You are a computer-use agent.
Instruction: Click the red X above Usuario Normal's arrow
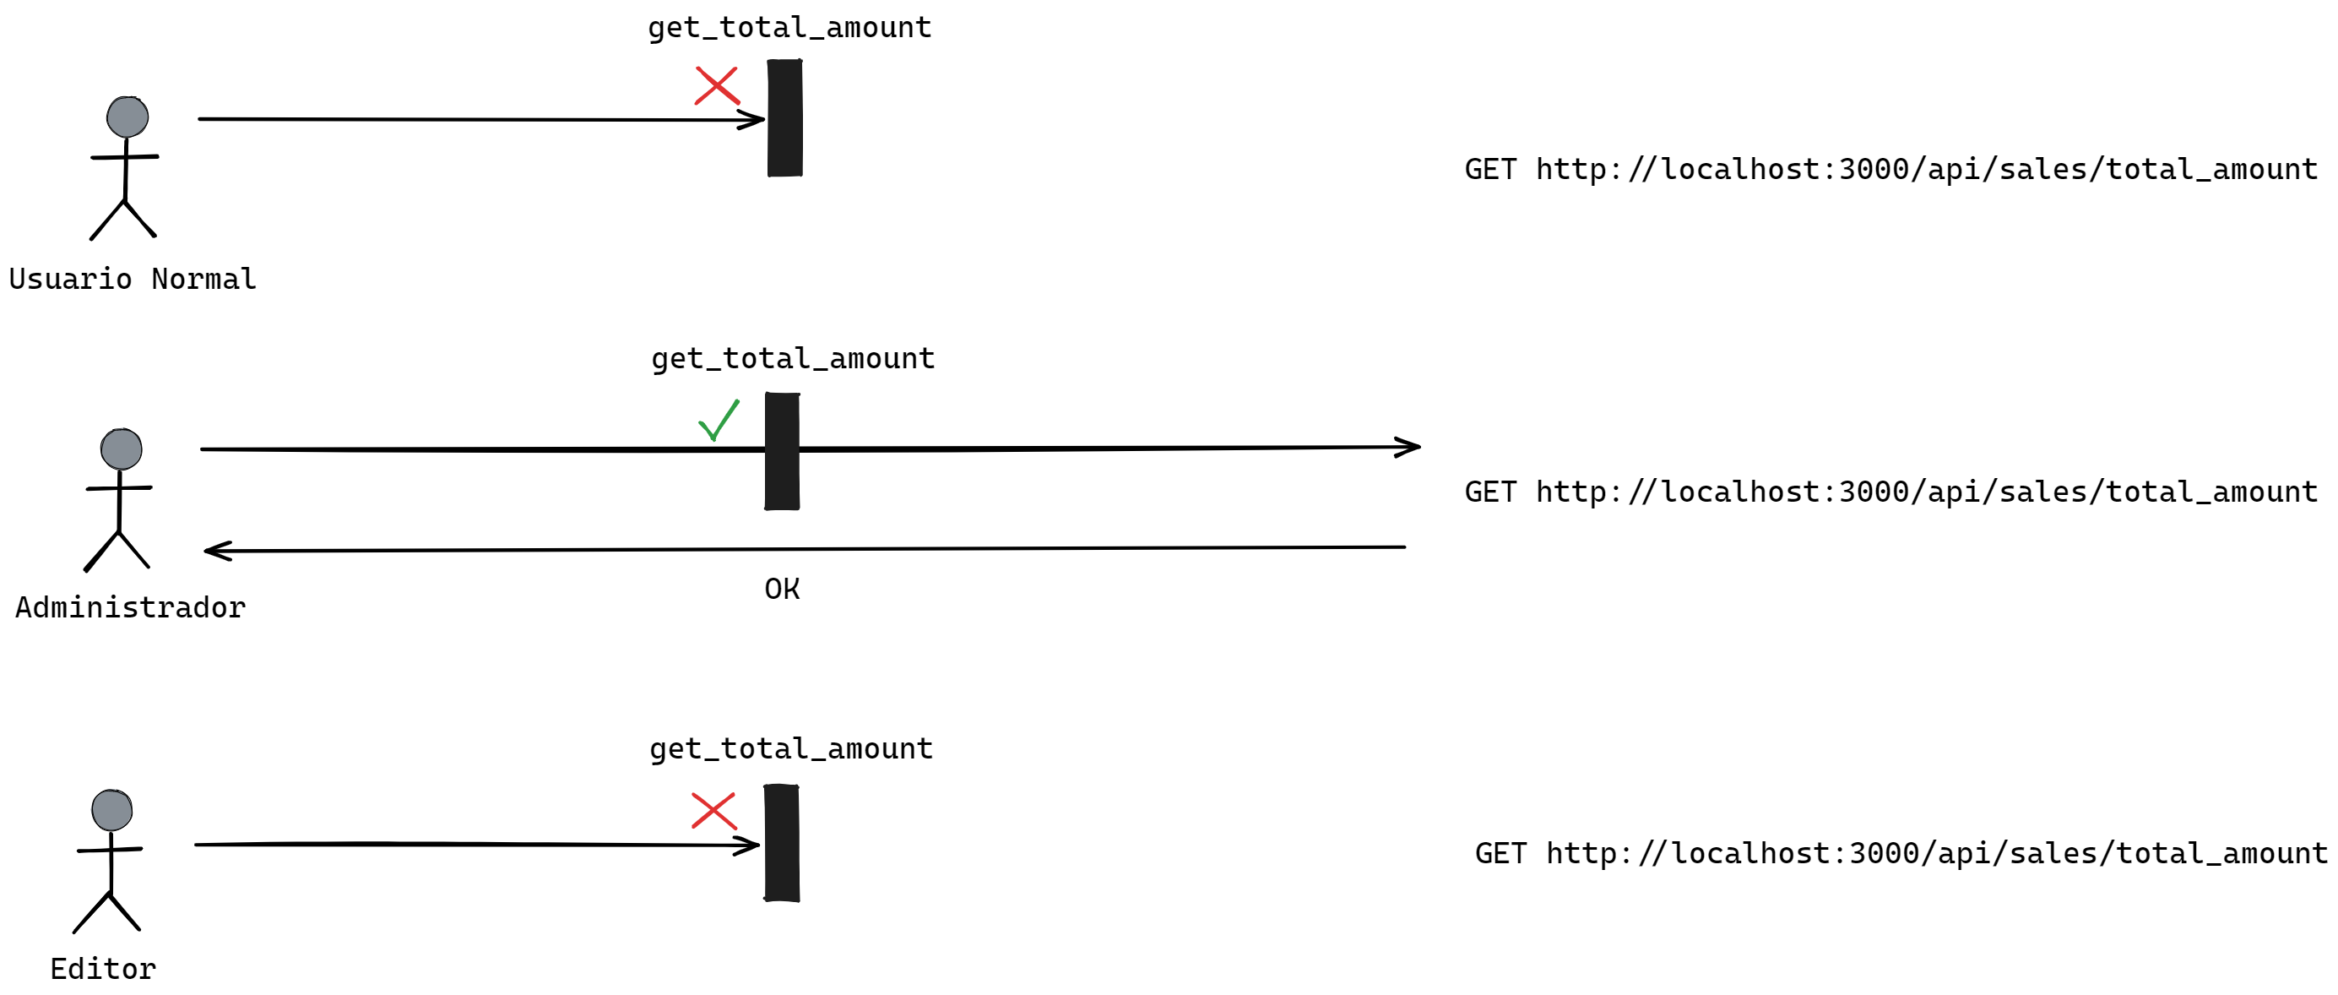717,86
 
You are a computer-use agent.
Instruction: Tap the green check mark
719,421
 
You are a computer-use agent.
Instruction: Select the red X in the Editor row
714,811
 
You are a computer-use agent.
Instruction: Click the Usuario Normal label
133,279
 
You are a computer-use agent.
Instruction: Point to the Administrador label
131,607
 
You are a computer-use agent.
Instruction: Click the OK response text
782,590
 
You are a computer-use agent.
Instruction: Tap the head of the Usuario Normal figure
127,117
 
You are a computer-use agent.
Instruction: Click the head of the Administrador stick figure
121,449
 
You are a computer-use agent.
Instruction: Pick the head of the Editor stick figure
111,811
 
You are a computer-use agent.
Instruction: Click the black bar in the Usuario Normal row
785,118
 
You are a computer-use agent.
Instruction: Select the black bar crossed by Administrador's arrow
782,451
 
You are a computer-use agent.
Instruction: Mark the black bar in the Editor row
782,844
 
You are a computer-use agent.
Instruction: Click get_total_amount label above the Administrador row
792,359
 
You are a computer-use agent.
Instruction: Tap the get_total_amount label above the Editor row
790,749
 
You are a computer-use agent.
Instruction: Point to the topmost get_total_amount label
789,28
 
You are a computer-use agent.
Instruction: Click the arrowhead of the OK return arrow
216,551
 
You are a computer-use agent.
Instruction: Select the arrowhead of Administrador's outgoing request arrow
1409,447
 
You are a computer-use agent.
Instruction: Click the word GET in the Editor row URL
1500,853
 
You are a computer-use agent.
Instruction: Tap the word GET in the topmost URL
1490,170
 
